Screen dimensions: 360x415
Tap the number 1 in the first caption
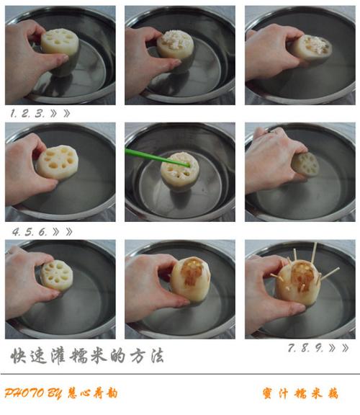[x=12, y=114]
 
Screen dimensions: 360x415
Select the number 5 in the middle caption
[x=29, y=232]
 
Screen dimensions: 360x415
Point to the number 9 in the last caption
[x=319, y=348]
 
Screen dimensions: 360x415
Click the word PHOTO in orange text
[x=24, y=393]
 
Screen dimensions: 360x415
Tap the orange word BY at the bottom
[x=55, y=393]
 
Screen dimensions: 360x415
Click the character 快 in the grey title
[x=18, y=355]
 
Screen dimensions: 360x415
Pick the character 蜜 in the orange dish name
[x=268, y=393]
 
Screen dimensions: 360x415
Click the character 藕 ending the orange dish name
[x=333, y=393]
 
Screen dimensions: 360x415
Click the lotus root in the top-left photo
[x=60, y=50]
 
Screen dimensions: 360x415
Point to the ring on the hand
[x=272, y=130]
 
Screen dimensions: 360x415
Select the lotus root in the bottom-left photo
[x=56, y=275]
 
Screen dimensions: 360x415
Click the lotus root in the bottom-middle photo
[x=190, y=280]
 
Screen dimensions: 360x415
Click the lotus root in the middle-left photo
[x=57, y=162]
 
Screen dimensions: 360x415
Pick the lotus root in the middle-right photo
[x=305, y=164]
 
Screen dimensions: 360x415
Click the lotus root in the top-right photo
[x=312, y=50]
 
